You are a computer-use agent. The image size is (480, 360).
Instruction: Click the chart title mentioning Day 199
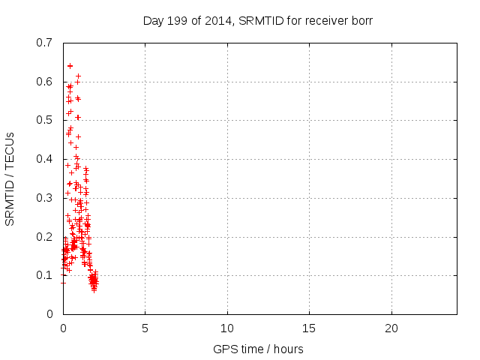pos(258,20)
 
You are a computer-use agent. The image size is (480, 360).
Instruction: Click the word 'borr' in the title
pos(361,20)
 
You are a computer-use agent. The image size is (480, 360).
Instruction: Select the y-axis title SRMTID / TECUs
pos(10,179)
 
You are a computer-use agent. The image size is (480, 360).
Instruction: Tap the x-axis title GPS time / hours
pos(258,349)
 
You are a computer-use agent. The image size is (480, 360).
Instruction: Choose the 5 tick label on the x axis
pos(145,328)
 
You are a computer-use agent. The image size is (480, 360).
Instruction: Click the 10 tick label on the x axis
pos(227,328)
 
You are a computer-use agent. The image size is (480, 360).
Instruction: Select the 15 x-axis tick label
pos(309,328)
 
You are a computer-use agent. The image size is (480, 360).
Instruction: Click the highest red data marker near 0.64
pos(70,66)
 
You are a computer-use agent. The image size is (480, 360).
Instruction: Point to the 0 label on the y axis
pos(49,314)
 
